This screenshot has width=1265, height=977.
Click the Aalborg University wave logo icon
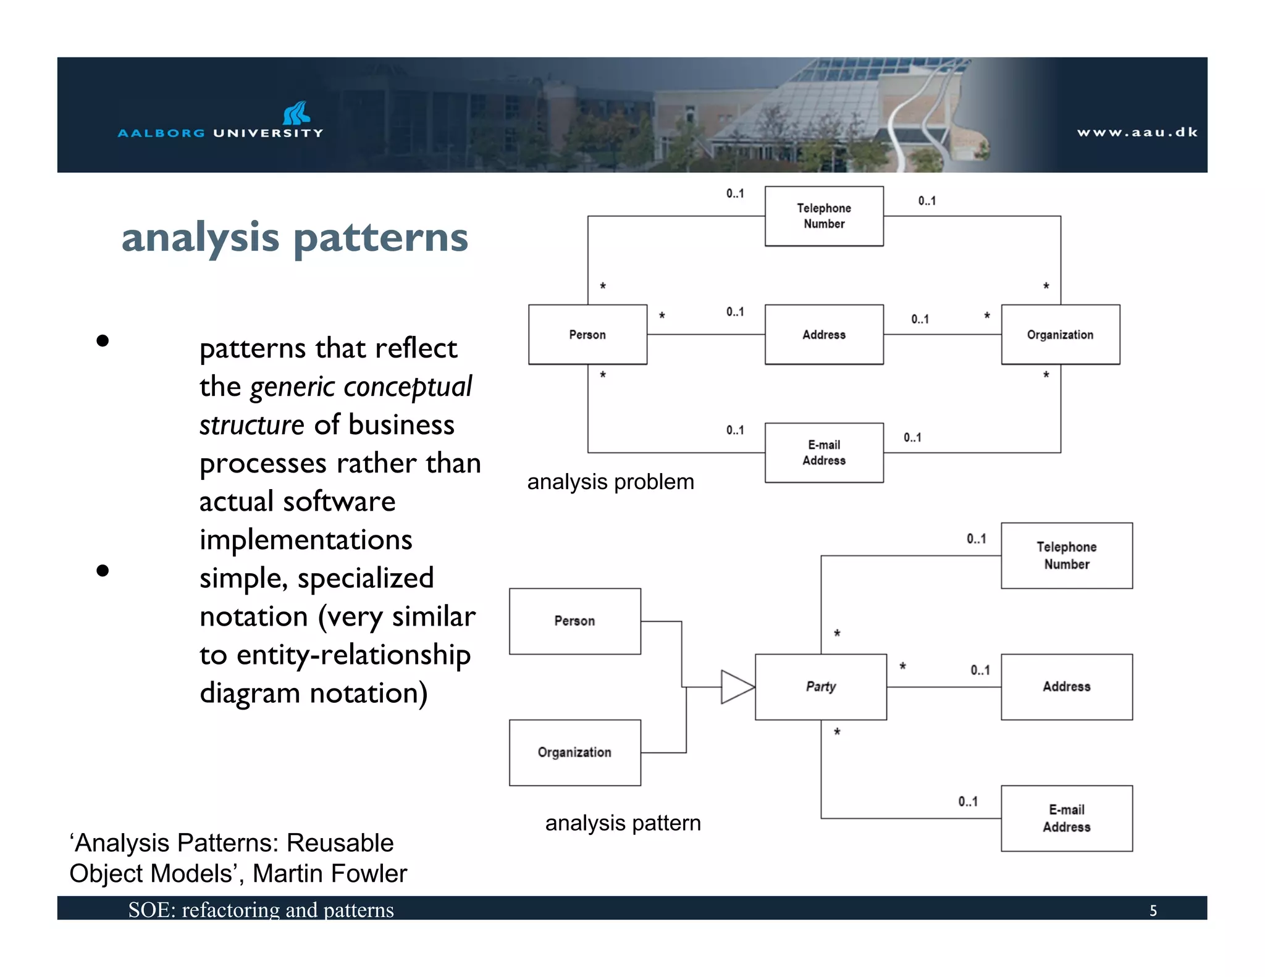[296, 114]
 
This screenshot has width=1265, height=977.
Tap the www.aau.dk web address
[1137, 132]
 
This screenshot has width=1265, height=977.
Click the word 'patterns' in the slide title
[380, 238]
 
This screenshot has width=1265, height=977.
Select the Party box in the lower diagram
[820, 687]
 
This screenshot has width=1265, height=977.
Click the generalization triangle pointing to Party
[736, 687]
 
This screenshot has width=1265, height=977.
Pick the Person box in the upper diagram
[587, 335]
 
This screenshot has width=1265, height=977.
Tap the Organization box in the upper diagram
[1060, 335]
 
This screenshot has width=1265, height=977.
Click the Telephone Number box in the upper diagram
[824, 216]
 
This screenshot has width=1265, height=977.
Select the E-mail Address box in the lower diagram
[1066, 818]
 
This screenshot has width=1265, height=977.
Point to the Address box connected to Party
[1066, 687]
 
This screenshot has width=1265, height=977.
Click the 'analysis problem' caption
[610, 482]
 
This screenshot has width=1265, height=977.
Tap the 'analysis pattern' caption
[623, 823]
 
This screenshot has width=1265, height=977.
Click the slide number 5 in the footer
[1153, 910]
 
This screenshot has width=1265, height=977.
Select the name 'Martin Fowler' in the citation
[330, 874]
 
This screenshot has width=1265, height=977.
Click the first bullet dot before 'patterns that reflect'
[103, 341]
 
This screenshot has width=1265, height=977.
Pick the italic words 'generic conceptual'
[361, 387]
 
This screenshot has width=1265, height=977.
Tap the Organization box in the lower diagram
[574, 752]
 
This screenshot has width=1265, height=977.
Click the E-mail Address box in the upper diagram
[824, 453]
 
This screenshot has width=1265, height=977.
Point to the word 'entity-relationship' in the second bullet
[353, 655]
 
